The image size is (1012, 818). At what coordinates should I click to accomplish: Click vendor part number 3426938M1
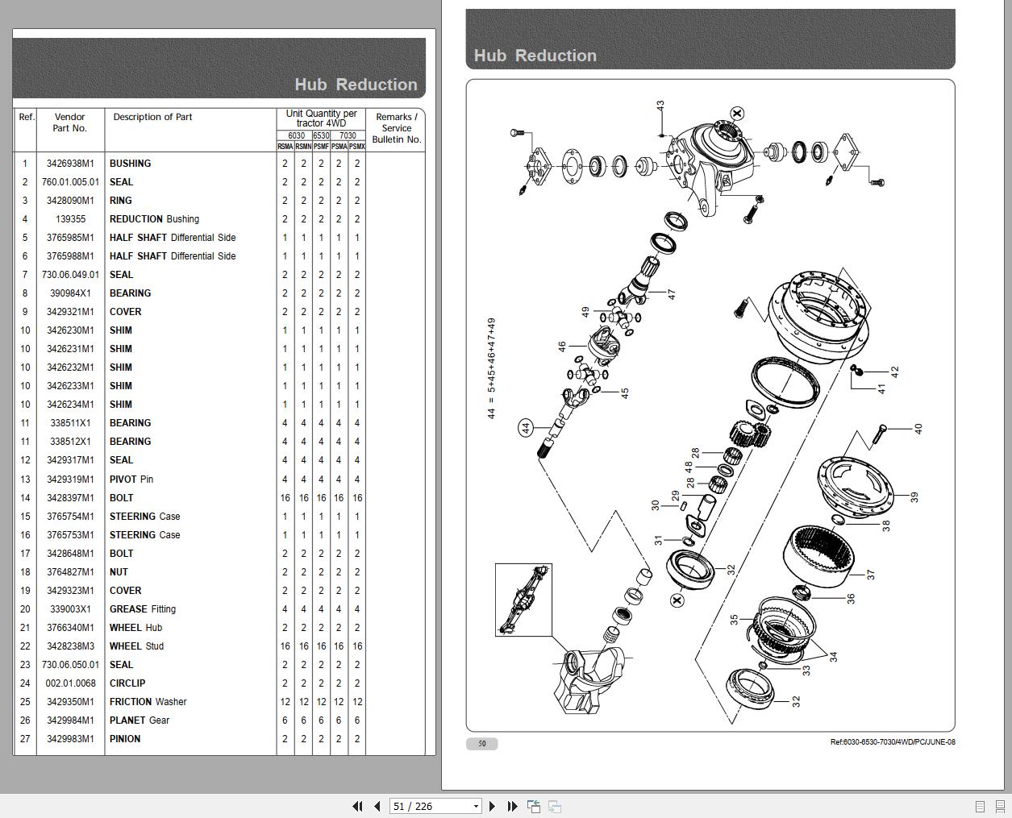[x=70, y=164]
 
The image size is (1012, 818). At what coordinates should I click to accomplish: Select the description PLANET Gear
[x=140, y=720]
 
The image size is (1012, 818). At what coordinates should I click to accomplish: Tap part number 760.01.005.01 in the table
[x=70, y=182]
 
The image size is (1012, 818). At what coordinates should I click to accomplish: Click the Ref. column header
[x=27, y=118]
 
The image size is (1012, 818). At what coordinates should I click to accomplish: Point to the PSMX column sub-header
[x=356, y=147]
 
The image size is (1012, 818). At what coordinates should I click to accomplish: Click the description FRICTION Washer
[x=148, y=702]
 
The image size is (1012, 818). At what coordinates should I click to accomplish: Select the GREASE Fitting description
[x=142, y=609]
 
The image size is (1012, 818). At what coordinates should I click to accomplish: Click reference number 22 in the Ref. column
[x=25, y=646]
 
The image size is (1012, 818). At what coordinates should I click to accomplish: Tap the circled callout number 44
[x=526, y=428]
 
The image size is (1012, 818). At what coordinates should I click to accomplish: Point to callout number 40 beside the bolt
[x=917, y=428]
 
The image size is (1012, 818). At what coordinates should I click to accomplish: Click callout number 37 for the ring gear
[x=870, y=575]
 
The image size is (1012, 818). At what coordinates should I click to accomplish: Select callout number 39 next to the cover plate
[x=914, y=497]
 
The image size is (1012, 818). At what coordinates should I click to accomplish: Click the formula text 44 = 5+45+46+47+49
[x=491, y=367]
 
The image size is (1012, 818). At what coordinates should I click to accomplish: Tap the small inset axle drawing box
[x=523, y=600]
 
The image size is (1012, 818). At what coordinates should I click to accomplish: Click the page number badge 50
[x=481, y=744]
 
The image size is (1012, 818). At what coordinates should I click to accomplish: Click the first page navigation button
[x=357, y=806]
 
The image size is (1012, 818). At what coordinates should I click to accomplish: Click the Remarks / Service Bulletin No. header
[x=396, y=128]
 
